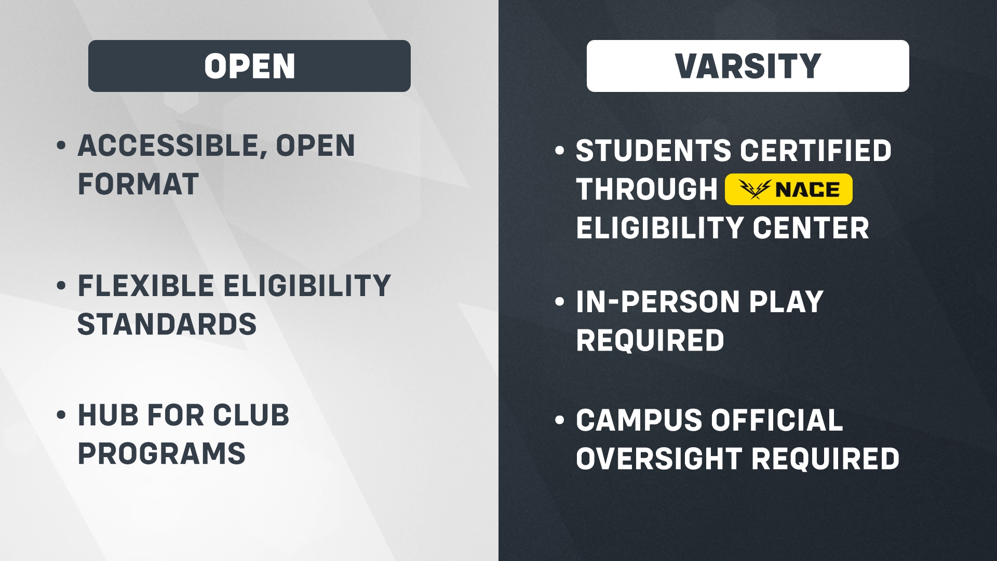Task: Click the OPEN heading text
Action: point(249,66)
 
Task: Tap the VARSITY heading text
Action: point(748,66)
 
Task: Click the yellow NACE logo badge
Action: point(788,189)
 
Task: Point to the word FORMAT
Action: point(138,184)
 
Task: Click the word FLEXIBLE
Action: point(145,286)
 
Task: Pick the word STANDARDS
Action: point(167,324)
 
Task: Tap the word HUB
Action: point(107,415)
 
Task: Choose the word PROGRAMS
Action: point(161,453)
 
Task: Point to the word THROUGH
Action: point(646,189)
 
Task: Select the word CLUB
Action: point(251,415)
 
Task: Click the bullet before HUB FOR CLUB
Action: point(61,415)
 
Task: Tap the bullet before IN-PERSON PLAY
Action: point(560,302)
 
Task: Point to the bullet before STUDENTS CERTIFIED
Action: point(560,151)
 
